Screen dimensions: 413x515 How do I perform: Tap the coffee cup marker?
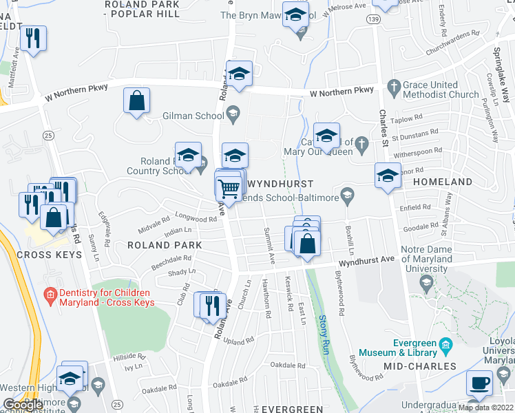(x=480, y=383)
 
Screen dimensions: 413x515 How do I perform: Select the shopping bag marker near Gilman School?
(x=137, y=100)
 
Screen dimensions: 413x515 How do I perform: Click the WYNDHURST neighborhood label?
(x=280, y=184)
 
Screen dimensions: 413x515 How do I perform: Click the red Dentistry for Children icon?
(x=49, y=295)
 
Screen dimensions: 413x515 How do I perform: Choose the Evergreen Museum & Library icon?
(x=446, y=343)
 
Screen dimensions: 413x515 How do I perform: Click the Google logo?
(x=23, y=405)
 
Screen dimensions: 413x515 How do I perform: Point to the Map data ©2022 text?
(x=485, y=407)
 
